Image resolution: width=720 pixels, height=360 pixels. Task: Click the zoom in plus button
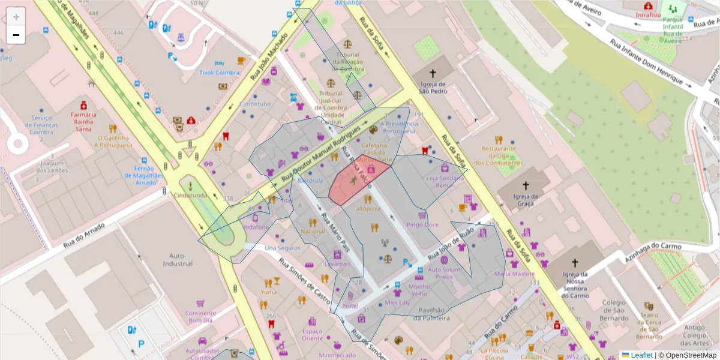pos(16,17)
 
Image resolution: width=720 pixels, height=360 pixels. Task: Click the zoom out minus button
pos(16,35)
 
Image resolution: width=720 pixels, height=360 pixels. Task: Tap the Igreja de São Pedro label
pos(433,88)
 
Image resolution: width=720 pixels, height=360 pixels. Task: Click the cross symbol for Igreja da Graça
pos(526,186)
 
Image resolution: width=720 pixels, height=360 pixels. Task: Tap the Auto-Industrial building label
pos(177,259)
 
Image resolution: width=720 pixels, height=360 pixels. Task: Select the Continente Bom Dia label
pos(200,316)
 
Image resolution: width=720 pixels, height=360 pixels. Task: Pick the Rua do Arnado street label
pos(84,235)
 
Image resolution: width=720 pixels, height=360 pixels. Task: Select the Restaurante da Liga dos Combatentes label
pos(497,155)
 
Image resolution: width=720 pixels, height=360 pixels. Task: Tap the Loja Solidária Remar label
pos(445,182)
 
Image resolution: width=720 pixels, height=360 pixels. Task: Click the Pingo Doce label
pos(422,225)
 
